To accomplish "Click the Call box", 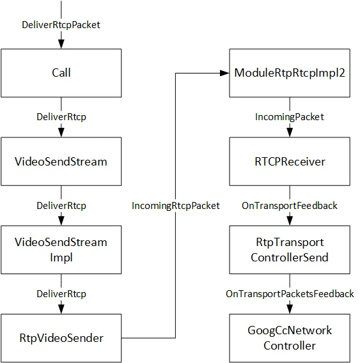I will point(61,73).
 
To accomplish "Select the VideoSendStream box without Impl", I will point(61,161).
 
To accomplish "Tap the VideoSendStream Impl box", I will point(61,250).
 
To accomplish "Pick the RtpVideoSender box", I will point(61,338).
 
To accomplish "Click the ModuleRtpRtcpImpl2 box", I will point(290,73).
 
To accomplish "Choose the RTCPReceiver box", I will point(290,161).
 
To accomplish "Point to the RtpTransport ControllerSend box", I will point(290,250).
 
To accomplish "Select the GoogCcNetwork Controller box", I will point(290,338).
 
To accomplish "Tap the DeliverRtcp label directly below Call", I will point(61,117).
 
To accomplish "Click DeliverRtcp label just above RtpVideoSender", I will point(61,294).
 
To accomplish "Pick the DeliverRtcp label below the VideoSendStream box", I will point(61,206).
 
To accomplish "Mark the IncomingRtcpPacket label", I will point(175,206).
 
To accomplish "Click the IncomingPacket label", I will point(290,117).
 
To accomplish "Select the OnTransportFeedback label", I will point(290,206).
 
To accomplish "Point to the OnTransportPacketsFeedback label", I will point(290,294).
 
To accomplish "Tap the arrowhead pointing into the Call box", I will point(61,43).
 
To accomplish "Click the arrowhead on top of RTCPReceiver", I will point(290,132).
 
